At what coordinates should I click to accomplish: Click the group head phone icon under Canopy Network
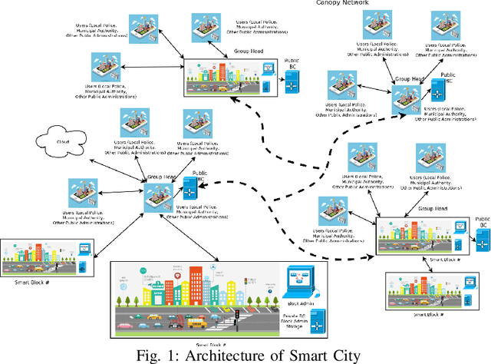[404, 100]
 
